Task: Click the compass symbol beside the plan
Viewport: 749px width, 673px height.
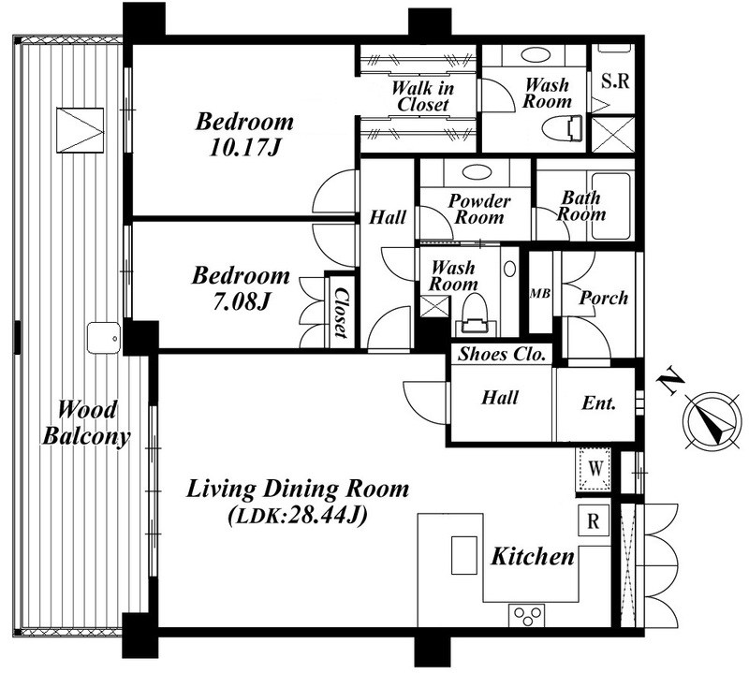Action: [712, 421]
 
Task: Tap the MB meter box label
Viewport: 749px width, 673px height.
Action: [540, 293]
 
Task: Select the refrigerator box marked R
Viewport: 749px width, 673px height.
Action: [594, 520]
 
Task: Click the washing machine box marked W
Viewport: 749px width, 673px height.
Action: [594, 470]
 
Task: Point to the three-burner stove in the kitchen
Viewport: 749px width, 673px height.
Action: [527, 616]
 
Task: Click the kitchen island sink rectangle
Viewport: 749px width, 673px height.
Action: [464, 555]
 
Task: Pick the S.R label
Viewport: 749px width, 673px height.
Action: [615, 81]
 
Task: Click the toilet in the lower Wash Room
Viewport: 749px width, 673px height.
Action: [475, 315]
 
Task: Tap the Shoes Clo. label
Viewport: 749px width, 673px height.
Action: [502, 354]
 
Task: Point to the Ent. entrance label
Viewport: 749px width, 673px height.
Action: [598, 403]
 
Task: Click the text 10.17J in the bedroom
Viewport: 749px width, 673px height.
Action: [244, 148]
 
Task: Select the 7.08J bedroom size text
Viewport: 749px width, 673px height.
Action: [242, 301]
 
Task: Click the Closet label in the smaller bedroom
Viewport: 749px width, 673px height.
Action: [340, 313]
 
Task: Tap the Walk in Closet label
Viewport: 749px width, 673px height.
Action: [423, 96]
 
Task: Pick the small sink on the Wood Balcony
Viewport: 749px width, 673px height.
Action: [103, 337]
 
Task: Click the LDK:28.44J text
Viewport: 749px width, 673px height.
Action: [298, 516]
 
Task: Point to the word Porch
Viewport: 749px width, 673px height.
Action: [604, 298]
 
